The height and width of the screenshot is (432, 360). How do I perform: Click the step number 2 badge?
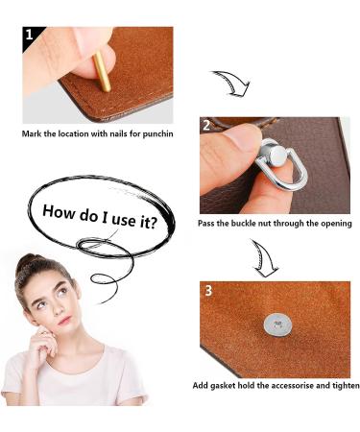[x=206, y=126]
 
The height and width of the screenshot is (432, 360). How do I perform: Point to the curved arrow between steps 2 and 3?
[x=263, y=257]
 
